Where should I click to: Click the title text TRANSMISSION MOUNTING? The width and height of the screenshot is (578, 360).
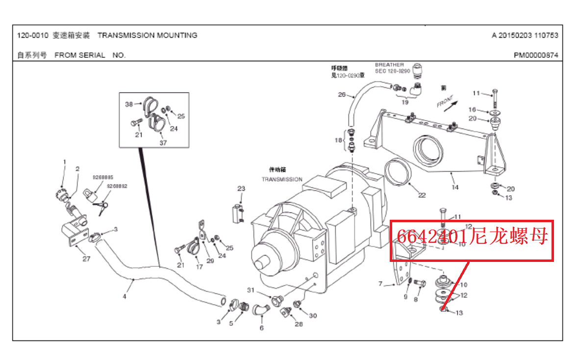point(148,35)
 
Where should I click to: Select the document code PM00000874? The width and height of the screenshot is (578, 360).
point(536,55)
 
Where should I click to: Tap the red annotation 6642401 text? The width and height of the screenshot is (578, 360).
point(431,237)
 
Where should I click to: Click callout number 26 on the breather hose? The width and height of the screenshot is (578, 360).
point(342,95)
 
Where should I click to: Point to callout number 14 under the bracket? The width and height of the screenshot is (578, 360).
point(455,187)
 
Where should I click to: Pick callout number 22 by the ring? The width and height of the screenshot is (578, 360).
point(422,195)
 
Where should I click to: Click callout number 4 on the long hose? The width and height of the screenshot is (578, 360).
point(125,296)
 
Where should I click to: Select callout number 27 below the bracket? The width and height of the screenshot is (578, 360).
point(86,259)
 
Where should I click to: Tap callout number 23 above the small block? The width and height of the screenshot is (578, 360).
point(241,189)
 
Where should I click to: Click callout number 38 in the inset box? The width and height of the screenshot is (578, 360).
point(129,104)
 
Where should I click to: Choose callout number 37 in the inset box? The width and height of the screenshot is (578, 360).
point(163,143)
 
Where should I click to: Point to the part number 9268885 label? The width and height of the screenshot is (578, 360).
point(103,177)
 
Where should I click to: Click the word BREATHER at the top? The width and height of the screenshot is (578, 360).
point(389,65)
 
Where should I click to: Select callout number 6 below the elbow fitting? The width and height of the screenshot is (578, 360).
point(261,328)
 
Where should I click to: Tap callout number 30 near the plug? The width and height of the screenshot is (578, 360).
point(313,316)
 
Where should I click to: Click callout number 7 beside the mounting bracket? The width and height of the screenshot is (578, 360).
point(380,284)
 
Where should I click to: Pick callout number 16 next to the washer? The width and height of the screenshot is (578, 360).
point(472,110)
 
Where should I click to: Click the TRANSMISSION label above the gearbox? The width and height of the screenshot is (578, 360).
point(282,180)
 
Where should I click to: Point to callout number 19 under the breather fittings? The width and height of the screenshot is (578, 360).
point(405,103)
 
